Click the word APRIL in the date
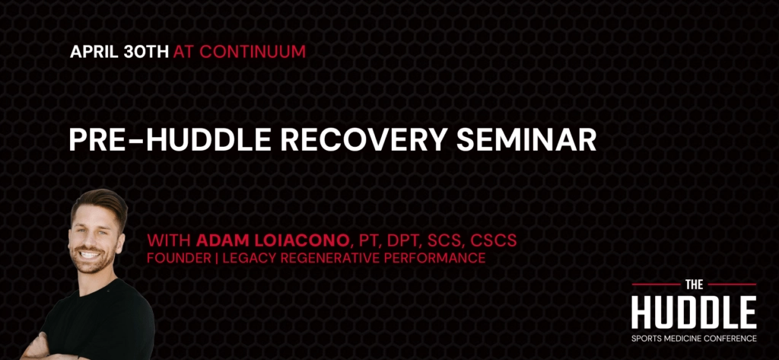pyautogui.click(x=93, y=53)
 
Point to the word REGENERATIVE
pyautogui.click(x=342, y=259)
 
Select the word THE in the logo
pyautogui.click(x=694, y=285)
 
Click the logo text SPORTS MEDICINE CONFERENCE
pyautogui.click(x=694, y=338)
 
